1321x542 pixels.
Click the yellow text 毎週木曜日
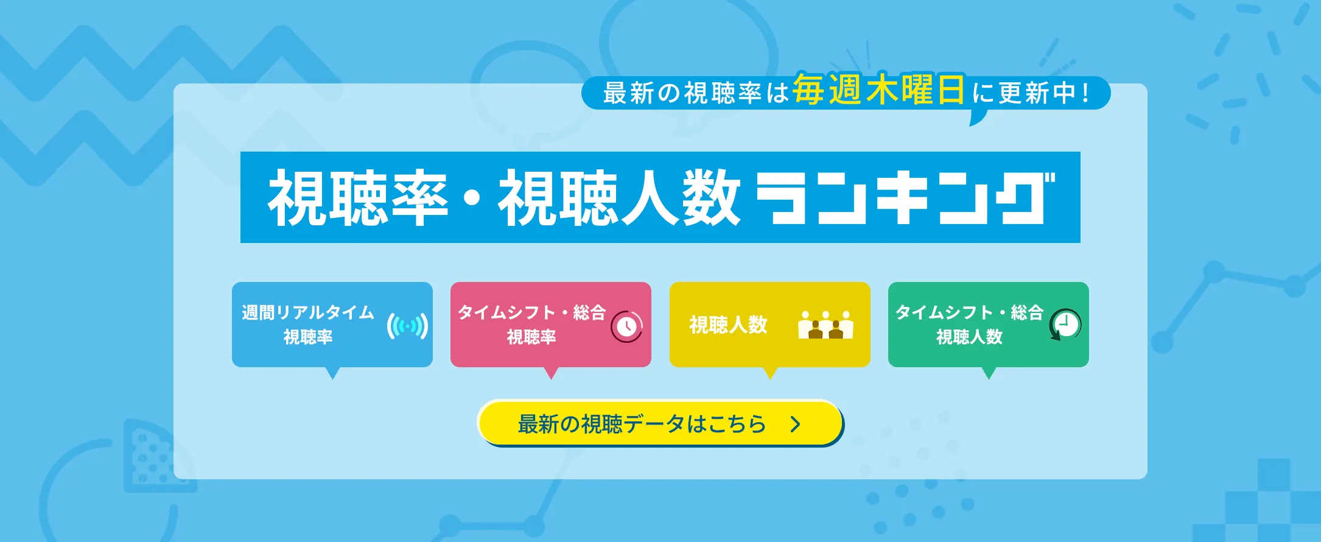click(x=878, y=90)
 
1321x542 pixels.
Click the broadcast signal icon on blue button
click(x=407, y=326)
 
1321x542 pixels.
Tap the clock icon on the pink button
click(x=626, y=326)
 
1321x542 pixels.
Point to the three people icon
click(x=825, y=325)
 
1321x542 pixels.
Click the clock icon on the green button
click(x=1065, y=325)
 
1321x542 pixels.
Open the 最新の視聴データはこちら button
click(x=660, y=423)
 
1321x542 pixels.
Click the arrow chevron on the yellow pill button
click(x=795, y=424)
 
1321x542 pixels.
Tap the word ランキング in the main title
click(x=905, y=198)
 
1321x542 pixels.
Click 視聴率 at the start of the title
click(x=358, y=198)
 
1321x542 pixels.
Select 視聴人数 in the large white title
click(x=619, y=198)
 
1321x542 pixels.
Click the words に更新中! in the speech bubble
click(x=1030, y=93)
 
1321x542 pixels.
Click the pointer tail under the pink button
click(x=551, y=373)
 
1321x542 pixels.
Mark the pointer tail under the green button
click(x=989, y=373)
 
